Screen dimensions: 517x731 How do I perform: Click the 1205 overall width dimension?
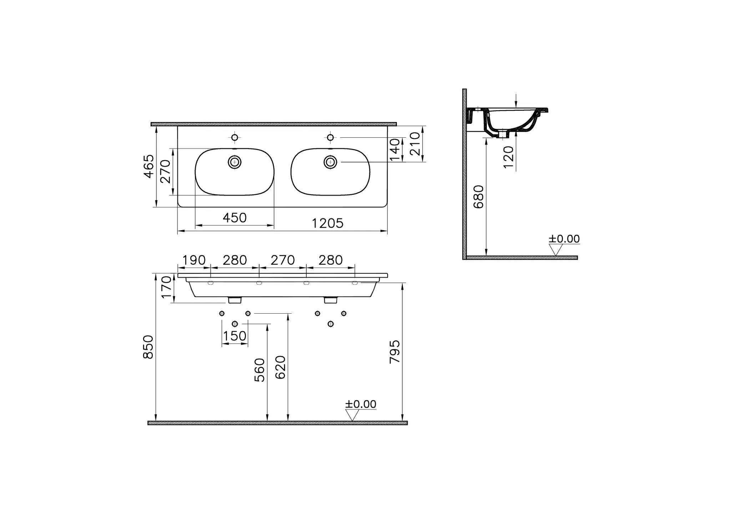[x=327, y=224]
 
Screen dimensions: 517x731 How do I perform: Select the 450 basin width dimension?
[x=235, y=218]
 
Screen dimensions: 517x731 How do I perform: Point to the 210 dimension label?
[x=415, y=144]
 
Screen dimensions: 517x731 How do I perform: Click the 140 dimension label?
[x=395, y=150]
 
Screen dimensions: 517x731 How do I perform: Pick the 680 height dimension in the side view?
[x=478, y=197]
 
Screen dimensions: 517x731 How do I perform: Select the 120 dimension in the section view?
[x=508, y=157]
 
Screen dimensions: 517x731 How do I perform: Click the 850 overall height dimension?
[x=148, y=347]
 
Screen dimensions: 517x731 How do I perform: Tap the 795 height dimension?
[x=395, y=352]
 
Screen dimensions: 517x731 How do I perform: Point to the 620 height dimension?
[x=281, y=367]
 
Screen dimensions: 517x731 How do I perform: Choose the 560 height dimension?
[x=260, y=370]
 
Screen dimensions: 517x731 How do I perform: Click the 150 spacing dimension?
[x=235, y=336]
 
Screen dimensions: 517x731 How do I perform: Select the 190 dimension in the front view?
[x=194, y=260]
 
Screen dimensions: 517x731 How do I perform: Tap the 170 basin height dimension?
[x=166, y=288]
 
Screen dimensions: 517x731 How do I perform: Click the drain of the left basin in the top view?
[x=235, y=162]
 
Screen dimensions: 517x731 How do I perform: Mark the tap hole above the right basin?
[x=331, y=137]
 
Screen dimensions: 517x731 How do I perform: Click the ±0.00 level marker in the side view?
[x=564, y=239]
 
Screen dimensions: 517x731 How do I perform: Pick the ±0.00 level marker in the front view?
[x=360, y=405]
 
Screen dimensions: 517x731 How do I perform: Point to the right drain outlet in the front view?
[x=331, y=300]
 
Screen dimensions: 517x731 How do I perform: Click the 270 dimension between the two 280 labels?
[x=283, y=260]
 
